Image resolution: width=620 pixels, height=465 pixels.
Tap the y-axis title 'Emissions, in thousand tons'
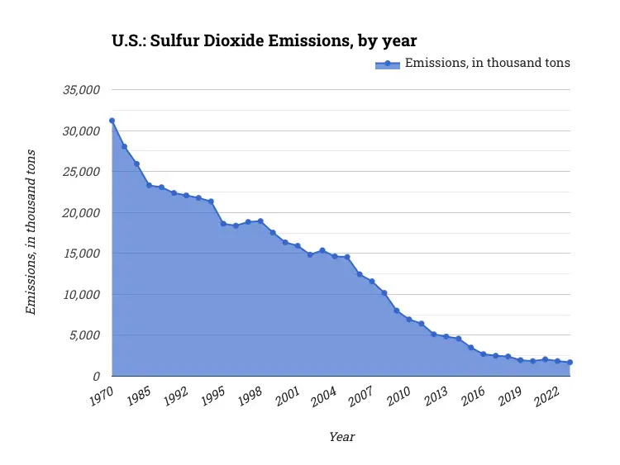pos(31,232)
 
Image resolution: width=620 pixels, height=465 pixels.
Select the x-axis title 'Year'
pos(341,436)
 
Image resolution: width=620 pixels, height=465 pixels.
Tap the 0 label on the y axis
pos(96,377)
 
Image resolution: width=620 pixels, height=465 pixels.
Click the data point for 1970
pos(112,121)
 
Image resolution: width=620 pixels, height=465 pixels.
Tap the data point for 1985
pos(149,185)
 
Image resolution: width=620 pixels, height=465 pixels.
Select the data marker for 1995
pos(223,224)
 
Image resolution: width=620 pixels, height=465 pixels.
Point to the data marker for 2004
pos(335,256)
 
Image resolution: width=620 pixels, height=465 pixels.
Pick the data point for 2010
pos(409,319)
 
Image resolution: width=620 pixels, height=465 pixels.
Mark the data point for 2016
pos(484,353)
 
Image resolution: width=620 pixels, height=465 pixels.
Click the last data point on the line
pos(570,363)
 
